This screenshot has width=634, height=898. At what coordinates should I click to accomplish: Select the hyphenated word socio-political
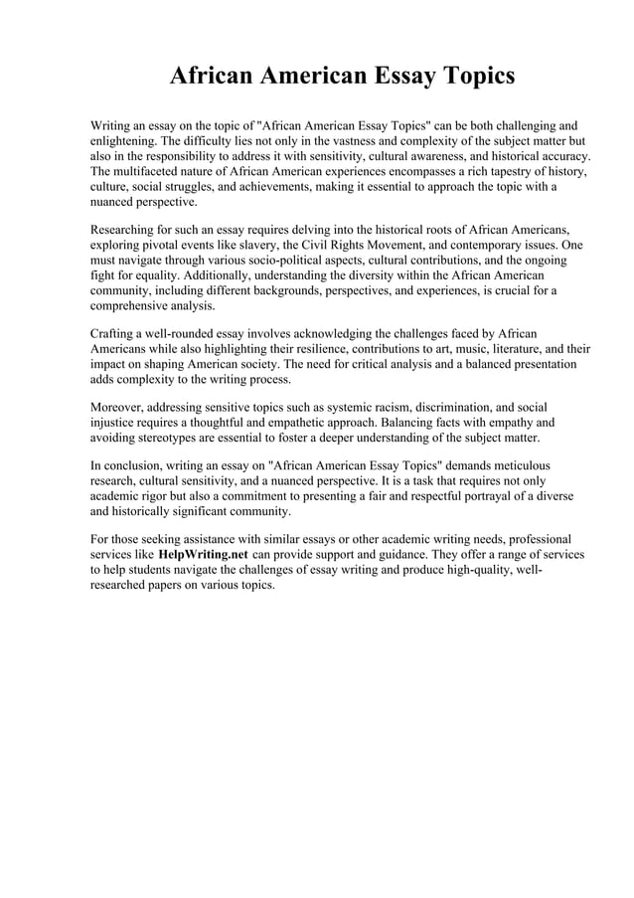click(x=252, y=262)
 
